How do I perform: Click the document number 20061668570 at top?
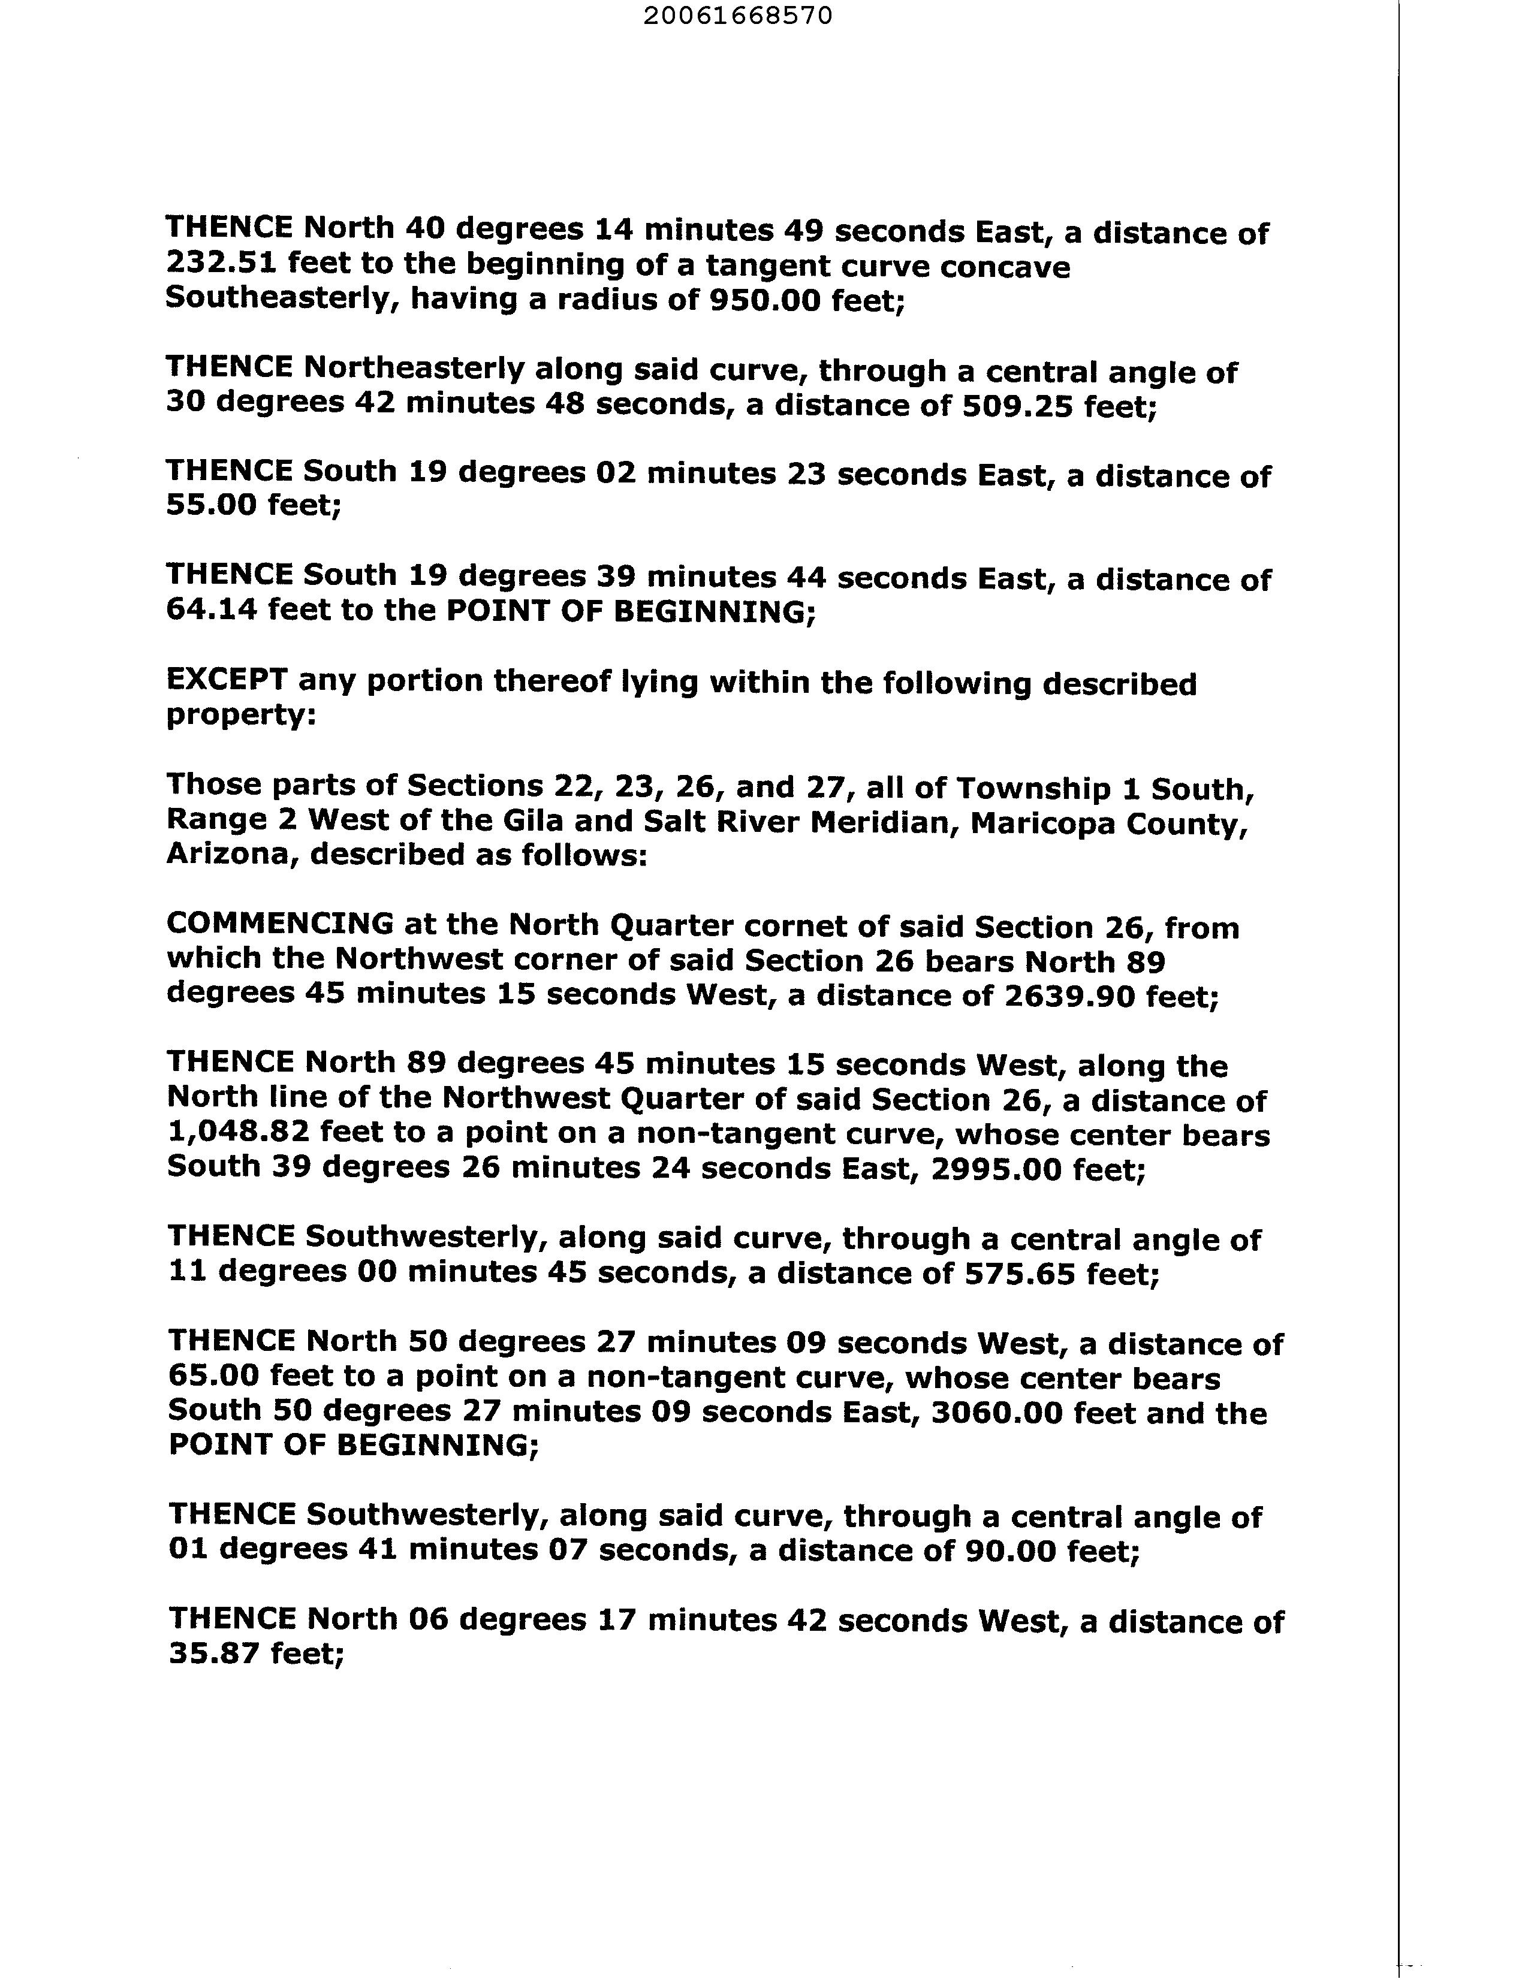click(x=737, y=16)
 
